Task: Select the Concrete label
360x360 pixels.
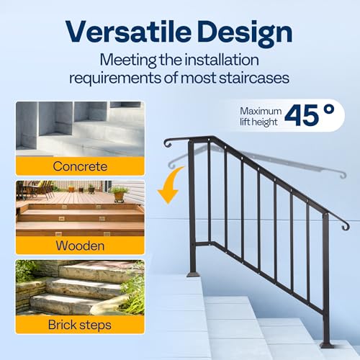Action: (80, 166)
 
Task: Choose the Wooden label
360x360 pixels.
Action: (80, 245)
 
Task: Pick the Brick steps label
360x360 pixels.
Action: (80, 324)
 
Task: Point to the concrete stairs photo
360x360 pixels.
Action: (80, 130)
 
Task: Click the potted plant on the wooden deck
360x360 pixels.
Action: (119, 192)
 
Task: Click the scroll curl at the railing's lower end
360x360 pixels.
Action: (344, 225)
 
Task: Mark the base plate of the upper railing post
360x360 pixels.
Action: (192, 274)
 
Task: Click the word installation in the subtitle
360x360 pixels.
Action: (212, 60)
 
